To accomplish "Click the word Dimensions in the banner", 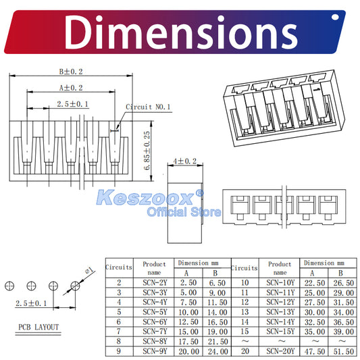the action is coord(181,32).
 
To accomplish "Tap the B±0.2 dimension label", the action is coord(71,72).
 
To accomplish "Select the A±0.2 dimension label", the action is coord(71,88).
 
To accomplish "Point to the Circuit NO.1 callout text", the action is coord(148,107).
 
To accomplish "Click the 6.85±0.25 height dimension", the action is coord(147,151).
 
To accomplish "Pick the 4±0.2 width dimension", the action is coord(185,161).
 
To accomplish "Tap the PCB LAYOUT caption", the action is coord(38,327).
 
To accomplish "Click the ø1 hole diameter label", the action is coord(89,270).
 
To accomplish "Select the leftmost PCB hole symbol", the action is coord(9,286).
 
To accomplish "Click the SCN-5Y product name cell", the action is coord(155,312).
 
